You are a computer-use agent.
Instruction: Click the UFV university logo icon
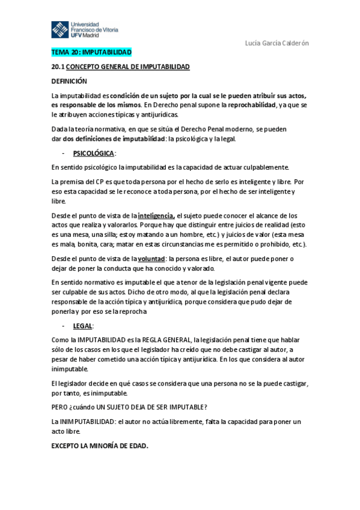coord(60,29)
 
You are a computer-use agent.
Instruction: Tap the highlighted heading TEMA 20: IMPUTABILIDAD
coord(91,53)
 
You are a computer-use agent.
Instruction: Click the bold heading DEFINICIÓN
coord(69,81)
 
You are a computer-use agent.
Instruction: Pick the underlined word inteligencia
coord(156,215)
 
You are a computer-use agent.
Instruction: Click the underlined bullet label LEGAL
coord(82,325)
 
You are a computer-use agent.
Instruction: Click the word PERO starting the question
coord(60,407)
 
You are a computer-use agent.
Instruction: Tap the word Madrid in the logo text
coord(97,35)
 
